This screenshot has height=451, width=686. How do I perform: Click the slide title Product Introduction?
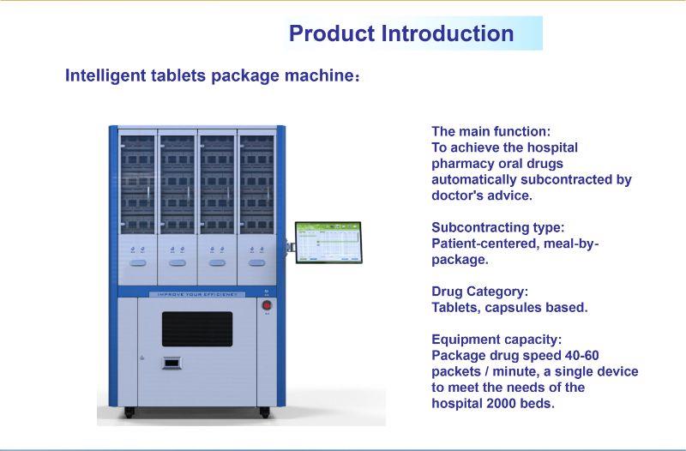tap(401, 33)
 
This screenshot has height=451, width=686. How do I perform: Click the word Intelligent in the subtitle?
tap(105, 75)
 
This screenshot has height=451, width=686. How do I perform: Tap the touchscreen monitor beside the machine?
tap(328, 243)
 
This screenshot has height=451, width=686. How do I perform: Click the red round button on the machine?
tap(267, 305)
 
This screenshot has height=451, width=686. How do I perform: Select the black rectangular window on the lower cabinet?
tap(197, 329)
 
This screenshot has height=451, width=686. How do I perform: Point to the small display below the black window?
tap(171, 363)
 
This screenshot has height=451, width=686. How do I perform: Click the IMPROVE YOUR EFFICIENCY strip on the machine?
tap(197, 294)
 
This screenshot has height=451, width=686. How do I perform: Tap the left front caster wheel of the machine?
tap(129, 412)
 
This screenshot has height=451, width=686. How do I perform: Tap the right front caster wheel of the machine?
tap(265, 412)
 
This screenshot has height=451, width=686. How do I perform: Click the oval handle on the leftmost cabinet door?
tap(138, 263)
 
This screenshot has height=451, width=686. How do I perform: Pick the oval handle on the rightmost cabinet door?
tap(256, 263)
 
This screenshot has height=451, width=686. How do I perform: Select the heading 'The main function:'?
tap(490, 131)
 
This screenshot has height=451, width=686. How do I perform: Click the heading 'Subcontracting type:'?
tap(498, 227)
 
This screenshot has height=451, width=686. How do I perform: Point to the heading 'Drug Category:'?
tap(480, 292)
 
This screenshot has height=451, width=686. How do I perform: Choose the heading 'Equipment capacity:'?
tap(496, 340)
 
